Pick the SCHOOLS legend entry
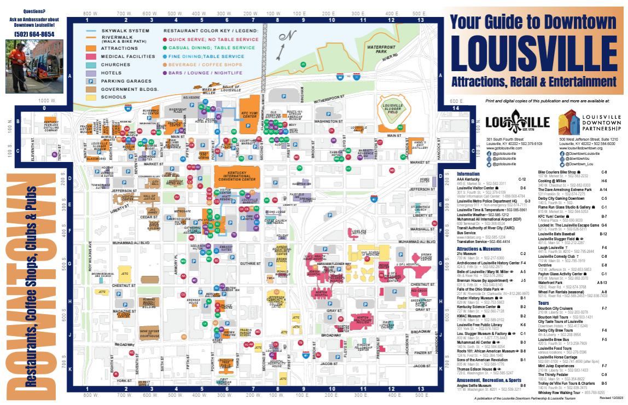tap(113, 97)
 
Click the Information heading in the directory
tap(472, 174)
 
